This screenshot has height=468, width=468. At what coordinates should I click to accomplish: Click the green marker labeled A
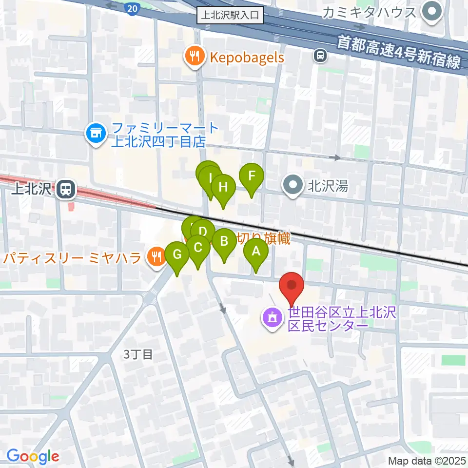pos(256,252)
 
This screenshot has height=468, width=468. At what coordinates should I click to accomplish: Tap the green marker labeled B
pos(224,241)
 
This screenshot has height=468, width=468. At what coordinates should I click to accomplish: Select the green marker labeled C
pos(197,248)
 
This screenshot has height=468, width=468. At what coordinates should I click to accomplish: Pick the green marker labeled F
pos(252,175)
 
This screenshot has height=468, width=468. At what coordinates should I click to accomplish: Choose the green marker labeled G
pos(177,254)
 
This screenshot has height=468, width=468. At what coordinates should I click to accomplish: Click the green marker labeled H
pos(223,187)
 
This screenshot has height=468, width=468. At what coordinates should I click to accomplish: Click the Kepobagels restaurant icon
pos(195,57)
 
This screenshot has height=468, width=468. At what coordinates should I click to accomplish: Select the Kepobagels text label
pos(247,57)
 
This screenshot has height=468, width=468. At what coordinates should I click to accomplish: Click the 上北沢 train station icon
pos(65,189)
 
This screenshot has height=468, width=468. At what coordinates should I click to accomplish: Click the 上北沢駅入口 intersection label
pos(231,16)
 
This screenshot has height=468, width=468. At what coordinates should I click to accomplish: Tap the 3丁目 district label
pos(138,354)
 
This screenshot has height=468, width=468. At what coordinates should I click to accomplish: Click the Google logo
pos(33,456)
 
